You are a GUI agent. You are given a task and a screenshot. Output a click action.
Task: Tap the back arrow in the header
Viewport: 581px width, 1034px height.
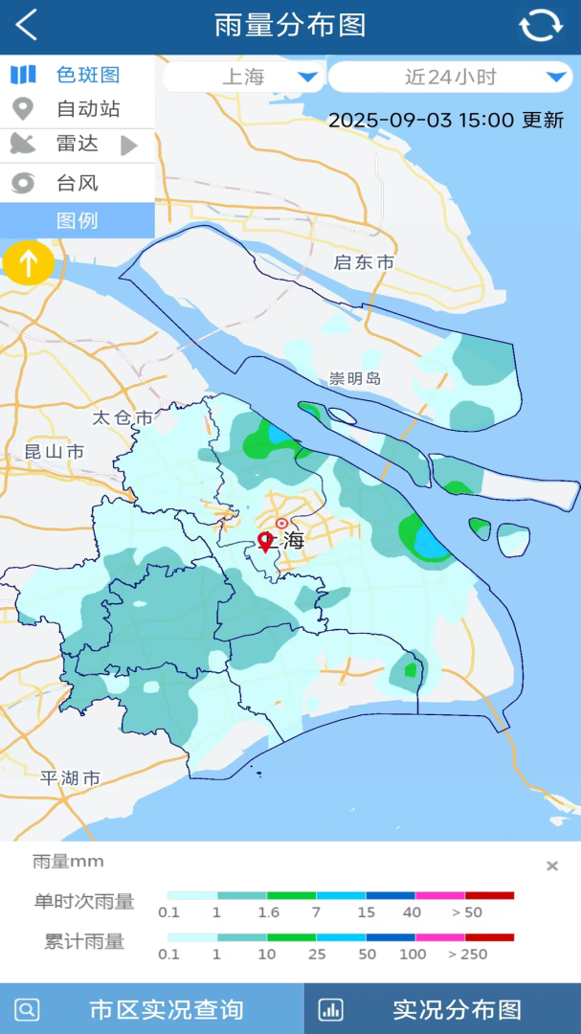[27, 26]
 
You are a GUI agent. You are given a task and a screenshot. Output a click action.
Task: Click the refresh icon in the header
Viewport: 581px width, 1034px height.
[540, 26]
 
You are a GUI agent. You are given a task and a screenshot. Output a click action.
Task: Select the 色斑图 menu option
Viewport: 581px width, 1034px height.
[77, 75]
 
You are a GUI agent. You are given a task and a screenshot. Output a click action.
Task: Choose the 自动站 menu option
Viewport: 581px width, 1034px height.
[77, 109]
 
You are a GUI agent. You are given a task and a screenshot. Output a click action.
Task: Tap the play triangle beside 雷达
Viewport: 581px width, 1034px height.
[129, 146]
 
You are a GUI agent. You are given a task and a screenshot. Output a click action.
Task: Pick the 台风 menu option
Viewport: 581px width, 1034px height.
[77, 183]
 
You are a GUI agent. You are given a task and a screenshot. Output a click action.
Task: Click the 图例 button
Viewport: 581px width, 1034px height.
[77, 221]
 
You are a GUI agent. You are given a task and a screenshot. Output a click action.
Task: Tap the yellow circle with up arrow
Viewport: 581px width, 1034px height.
[29, 262]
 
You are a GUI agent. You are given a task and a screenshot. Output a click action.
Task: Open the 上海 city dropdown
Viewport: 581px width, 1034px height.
[244, 78]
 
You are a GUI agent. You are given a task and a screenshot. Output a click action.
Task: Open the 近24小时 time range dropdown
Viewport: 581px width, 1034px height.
[451, 78]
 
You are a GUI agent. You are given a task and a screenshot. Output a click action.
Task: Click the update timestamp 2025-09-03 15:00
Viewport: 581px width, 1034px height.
[446, 120]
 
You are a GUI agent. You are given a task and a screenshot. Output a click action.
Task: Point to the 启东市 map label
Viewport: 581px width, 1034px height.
[364, 262]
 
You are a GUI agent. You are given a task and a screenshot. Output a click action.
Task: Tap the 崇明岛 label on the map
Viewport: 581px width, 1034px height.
[355, 378]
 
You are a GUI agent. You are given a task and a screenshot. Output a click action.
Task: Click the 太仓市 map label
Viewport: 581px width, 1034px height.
[123, 417]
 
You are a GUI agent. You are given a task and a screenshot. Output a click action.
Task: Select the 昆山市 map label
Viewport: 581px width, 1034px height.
[55, 452]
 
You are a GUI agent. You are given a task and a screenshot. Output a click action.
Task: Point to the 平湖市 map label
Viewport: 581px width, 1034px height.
[70, 778]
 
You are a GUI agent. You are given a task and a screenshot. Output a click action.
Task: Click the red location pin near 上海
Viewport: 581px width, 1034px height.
[265, 542]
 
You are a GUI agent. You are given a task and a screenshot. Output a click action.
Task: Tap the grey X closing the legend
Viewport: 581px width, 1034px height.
[552, 866]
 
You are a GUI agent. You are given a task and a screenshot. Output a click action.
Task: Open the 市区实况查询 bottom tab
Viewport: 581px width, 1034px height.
[151, 1009]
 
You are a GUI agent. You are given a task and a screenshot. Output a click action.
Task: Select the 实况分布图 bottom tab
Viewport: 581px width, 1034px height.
[442, 1009]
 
